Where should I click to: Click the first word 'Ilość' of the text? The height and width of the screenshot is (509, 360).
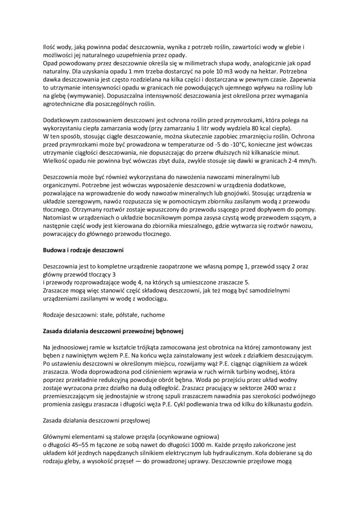click(49, 47)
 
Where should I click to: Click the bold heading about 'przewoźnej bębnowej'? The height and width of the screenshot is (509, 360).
click(113, 331)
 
